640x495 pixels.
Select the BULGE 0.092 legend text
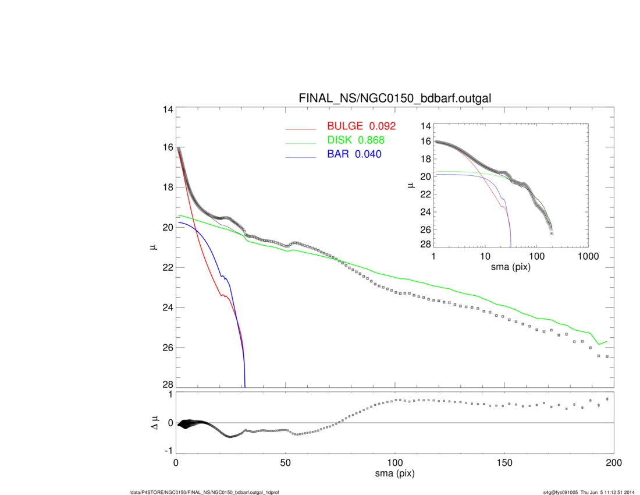[x=361, y=126]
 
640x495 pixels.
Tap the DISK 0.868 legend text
[x=356, y=140]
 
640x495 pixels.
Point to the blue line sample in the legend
[x=300, y=157]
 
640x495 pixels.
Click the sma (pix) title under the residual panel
[x=394, y=475]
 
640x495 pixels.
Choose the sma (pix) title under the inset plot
[x=511, y=267]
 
